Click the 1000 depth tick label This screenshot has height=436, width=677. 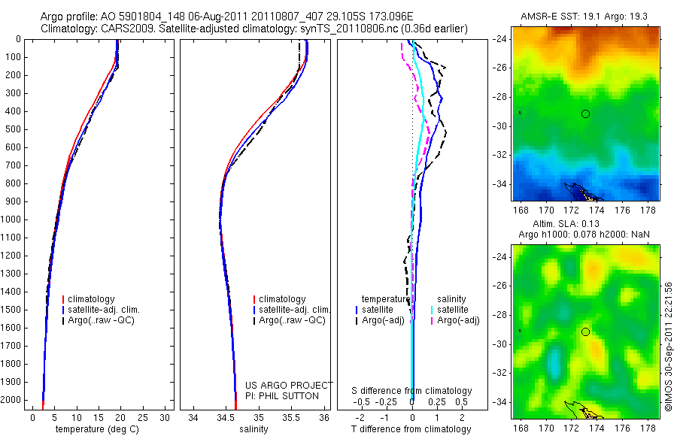pyautogui.click(x=11, y=220)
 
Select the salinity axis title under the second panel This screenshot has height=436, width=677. pyautogui.click(x=258, y=429)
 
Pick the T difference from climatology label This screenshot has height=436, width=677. pyautogui.click(x=411, y=429)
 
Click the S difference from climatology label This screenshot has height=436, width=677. pyautogui.click(x=412, y=391)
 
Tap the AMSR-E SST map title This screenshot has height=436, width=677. pyautogui.click(x=584, y=16)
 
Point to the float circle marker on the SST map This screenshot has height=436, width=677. pyautogui.click(x=585, y=114)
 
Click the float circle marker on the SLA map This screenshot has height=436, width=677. pyautogui.click(x=585, y=332)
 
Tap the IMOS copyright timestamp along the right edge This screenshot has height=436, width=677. pyautogui.click(x=668, y=347)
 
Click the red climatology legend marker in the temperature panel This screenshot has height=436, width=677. pyautogui.click(x=65, y=299)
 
